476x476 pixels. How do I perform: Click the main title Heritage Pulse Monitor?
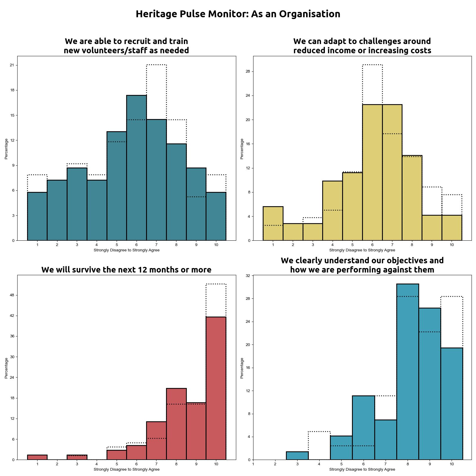pos(238,14)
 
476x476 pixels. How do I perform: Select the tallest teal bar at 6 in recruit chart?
pos(136,168)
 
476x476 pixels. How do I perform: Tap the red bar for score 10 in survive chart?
pos(216,388)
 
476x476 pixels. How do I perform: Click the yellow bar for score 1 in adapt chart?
pos(273,223)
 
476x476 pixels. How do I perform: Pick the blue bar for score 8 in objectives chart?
pos(408,372)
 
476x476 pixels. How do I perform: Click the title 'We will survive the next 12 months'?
pos(126,270)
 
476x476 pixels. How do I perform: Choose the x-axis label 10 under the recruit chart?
pos(216,245)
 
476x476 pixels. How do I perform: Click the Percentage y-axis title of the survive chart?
pos(6,368)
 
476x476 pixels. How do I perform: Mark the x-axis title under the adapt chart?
pos(362,250)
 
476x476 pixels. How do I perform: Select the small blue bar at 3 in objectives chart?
pos(297,455)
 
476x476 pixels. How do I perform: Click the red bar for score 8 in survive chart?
pos(176,424)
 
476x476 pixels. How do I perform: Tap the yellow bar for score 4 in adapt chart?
pos(332,211)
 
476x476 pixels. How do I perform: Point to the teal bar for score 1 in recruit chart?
pos(37,216)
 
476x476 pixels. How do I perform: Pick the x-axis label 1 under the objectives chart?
pos(253,464)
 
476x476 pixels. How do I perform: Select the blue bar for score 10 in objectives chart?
pos(452,404)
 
